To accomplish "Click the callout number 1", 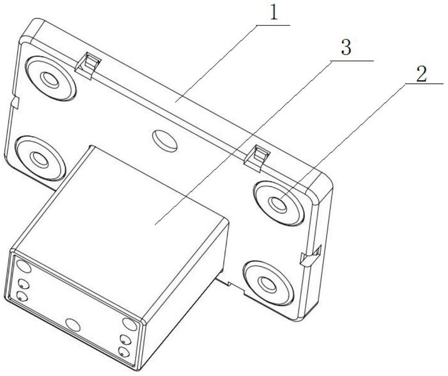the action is [x=274, y=14].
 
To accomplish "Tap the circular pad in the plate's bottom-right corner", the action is [x=268, y=282].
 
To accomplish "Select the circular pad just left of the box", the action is [x=40, y=159].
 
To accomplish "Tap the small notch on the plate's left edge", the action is [x=15, y=103].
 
